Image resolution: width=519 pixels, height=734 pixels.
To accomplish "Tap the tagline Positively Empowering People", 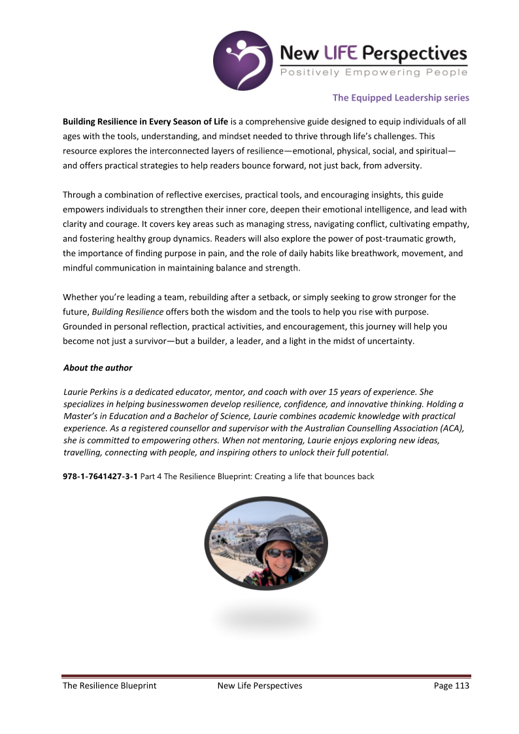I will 374,72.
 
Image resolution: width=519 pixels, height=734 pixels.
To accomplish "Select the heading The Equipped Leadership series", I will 401,98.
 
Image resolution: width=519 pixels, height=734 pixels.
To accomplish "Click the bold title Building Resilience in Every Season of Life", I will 145,122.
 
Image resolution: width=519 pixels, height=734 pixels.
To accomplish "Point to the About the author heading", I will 98,368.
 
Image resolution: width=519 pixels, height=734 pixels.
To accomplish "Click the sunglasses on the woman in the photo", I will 280,553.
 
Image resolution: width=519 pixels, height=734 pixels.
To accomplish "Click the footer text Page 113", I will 452,686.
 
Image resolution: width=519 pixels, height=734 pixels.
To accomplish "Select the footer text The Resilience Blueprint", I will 109,686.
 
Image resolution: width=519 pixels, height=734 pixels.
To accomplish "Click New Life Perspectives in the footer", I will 259,686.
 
